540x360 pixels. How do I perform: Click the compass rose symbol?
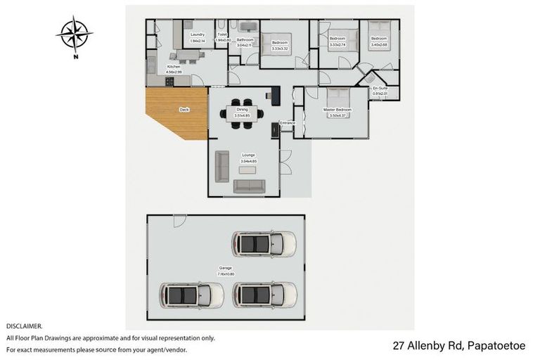pos(75,34)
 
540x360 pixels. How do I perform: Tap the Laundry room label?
pos(197,34)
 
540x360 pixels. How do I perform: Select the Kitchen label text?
pos(173,66)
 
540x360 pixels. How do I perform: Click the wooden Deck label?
pos(184,110)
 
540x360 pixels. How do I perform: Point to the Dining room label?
pos(241,110)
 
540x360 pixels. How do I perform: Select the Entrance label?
pos(288,123)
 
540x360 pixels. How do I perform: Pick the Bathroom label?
pos(245,40)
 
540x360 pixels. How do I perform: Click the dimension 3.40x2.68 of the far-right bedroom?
pos(380,44)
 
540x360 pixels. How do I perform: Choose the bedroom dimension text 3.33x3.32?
pos(280,49)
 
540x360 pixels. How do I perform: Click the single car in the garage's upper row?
pos(264,244)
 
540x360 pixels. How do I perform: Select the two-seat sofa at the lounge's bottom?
pos(249,186)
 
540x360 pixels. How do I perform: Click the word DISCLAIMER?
pos(25,326)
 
